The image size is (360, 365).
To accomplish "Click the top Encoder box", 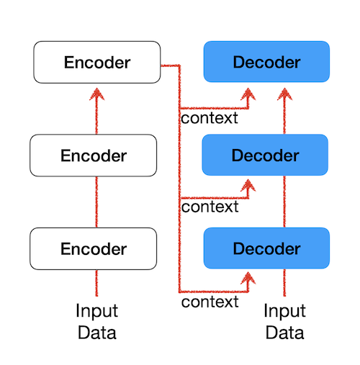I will (x=96, y=62).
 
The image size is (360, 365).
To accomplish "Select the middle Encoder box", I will (x=93, y=156).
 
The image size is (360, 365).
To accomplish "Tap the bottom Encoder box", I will (x=93, y=249).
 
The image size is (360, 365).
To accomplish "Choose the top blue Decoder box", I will (x=266, y=62).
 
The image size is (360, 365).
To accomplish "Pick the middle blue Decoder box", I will (x=266, y=156).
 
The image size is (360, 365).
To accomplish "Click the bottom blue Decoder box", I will (x=266, y=249).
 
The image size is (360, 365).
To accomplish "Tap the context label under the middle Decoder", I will (x=210, y=207).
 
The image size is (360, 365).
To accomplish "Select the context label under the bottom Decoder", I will (x=210, y=302).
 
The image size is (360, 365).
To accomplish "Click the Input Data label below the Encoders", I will (x=96, y=322).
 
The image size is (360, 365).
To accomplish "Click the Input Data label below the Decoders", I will (x=284, y=322).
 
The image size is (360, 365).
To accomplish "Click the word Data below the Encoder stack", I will (x=96, y=333).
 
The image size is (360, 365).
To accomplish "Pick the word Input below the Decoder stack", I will (x=284, y=312).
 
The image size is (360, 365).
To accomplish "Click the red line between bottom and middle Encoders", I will (x=96, y=202).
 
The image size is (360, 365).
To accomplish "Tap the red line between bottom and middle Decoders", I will (x=284, y=202).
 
